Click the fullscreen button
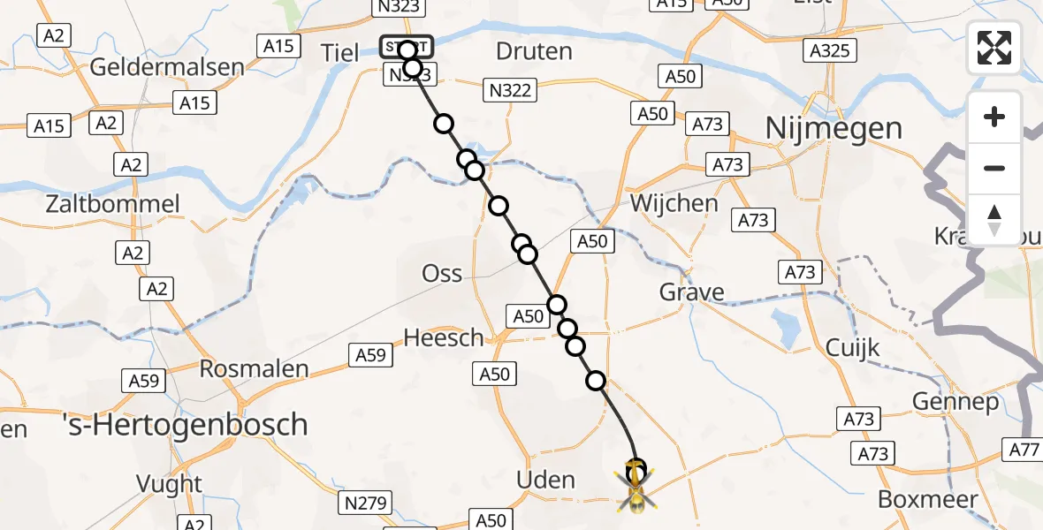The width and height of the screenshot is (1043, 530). coord(994,47)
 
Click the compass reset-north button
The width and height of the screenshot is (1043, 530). coord(994,220)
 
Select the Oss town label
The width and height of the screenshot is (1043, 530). coord(442,273)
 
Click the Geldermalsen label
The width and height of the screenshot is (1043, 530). coord(167,67)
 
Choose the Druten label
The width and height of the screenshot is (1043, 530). coord(534,51)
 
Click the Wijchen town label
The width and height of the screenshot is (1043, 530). coord(674,203)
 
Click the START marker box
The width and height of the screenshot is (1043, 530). coord(407,46)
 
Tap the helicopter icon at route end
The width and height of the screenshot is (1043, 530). coord(636,486)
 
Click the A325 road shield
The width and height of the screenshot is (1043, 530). coord(832,50)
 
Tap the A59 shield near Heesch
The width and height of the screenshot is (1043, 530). coord(371,354)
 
